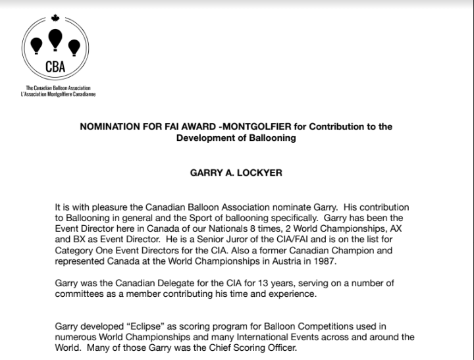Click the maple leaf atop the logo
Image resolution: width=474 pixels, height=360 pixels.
coord(55,18)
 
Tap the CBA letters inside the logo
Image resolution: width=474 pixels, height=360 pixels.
coord(55,66)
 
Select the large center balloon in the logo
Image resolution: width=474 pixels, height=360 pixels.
coord(55,39)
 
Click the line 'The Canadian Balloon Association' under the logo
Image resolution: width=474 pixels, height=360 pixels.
coord(58,88)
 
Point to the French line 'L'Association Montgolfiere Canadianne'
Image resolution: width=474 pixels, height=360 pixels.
coord(58,94)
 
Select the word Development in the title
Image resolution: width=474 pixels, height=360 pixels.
coord(206,138)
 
